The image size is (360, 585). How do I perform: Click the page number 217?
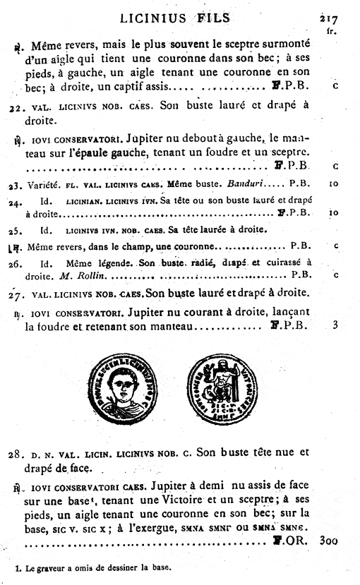(328, 20)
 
